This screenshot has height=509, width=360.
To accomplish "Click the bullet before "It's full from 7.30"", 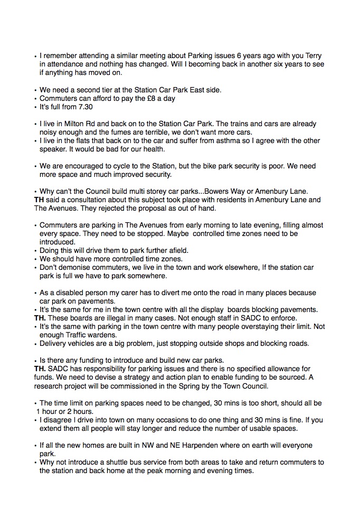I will point(35,107).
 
